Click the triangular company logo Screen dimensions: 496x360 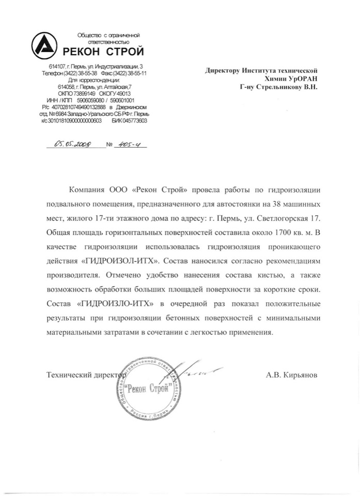[46, 47]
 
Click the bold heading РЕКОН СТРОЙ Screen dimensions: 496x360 [103, 52]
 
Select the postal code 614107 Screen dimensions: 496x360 [57, 67]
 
